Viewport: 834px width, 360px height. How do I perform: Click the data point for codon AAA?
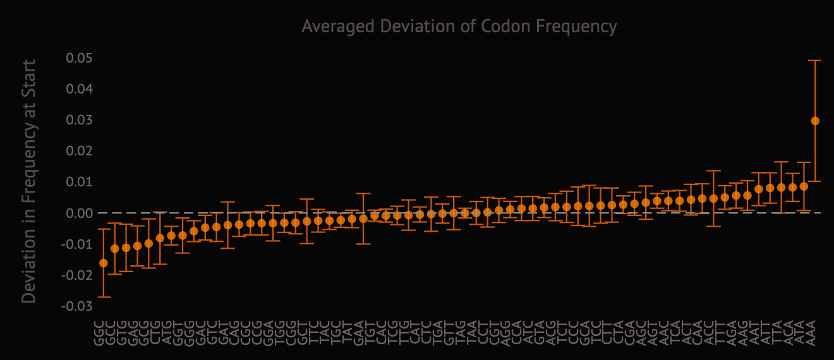pos(815,121)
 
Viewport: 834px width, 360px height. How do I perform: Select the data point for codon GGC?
pos(104,263)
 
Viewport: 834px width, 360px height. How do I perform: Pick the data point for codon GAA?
pos(363,219)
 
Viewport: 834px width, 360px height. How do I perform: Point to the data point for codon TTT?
pos(713,198)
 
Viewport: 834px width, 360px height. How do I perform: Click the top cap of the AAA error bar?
pos(815,60)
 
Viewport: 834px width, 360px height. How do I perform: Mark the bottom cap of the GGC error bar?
pos(104,297)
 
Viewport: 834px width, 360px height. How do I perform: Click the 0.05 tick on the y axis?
pos(80,58)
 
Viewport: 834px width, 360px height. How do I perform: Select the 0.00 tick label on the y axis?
pos(80,213)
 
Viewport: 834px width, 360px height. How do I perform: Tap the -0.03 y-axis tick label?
pos(78,306)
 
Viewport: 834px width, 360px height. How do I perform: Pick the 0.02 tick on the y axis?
pos(80,151)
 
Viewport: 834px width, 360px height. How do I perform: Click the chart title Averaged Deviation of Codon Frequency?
pos(459,26)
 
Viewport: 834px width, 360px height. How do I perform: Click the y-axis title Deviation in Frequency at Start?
pos(29,181)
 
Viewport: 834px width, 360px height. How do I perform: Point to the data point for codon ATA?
pos(804,186)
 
